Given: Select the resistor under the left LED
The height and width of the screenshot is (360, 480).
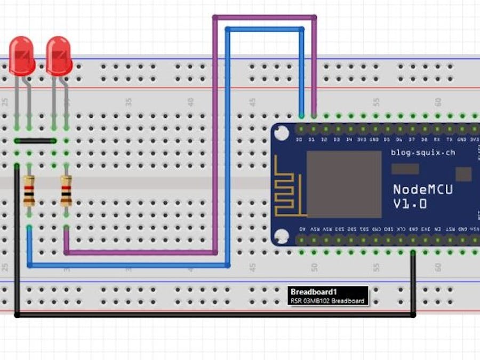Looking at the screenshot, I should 29,191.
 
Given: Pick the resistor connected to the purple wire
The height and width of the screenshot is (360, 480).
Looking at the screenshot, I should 66,191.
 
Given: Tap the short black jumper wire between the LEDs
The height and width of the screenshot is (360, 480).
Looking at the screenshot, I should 36,141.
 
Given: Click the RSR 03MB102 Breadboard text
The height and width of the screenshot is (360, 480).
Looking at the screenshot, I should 327,301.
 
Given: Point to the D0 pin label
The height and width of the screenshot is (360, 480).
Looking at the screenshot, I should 300,140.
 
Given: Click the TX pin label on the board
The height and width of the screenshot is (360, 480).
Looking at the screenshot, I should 450,140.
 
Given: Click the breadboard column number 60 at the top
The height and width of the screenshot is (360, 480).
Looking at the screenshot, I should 438,101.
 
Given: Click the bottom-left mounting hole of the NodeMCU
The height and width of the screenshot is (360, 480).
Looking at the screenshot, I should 281,236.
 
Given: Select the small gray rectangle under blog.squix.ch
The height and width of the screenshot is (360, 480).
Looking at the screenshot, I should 405,169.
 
